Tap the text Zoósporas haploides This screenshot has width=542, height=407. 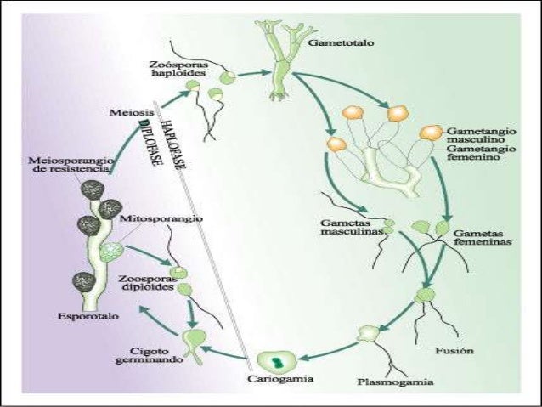(x=177, y=69)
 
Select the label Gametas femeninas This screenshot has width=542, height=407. (x=482, y=237)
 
